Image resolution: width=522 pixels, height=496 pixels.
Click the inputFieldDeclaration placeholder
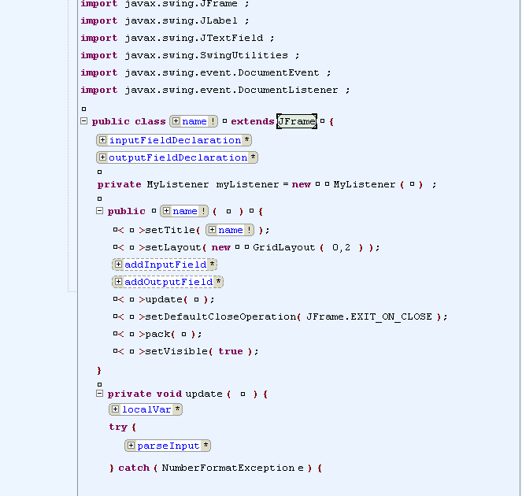(x=175, y=140)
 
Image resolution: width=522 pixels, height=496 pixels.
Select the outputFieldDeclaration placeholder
(x=178, y=157)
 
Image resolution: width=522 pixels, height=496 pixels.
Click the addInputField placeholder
(x=165, y=265)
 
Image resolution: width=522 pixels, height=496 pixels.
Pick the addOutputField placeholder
(x=168, y=282)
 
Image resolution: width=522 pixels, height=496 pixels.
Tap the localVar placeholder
(x=146, y=409)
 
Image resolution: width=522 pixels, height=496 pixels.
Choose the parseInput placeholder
(x=168, y=446)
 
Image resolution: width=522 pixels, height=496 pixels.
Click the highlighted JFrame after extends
(x=297, y=121)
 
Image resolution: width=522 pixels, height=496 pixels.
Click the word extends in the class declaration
(x=252, y=121)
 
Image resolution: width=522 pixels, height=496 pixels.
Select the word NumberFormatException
(x=228, y=468)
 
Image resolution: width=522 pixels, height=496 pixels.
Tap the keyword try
(x=117, y=427)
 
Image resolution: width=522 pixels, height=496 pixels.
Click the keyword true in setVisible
(x=231, y=351)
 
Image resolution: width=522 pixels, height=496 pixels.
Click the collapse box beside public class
(x=83, y=121)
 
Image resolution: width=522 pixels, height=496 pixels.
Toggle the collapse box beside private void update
(x=99, y=394)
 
